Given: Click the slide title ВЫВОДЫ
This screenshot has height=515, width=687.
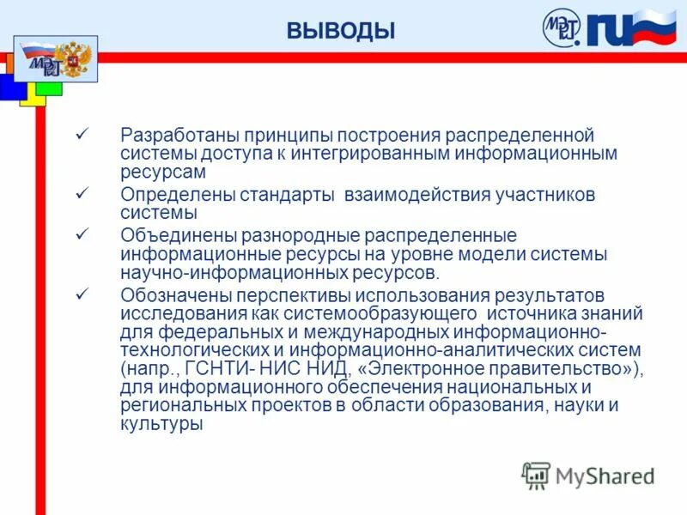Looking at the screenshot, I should pyautogui.click(x=341, y=32).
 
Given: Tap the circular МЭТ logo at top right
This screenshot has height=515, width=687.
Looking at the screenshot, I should pyautogui.click(x=562, y=27).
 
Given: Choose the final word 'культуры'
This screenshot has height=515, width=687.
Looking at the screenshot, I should pyautogui.click(x=161, y=424).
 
